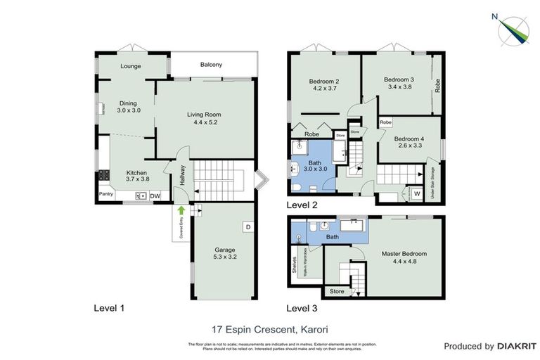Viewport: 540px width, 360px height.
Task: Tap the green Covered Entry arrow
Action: (181, 209)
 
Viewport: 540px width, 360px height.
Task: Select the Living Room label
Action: (204, 114)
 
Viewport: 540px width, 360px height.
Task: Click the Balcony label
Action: (211, 65)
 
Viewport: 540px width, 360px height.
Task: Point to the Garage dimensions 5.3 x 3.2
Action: (225, 257)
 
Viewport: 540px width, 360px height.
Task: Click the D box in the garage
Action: (247, 226)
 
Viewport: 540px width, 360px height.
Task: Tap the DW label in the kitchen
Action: (155, 195)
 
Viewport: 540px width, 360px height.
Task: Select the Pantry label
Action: (106, 195)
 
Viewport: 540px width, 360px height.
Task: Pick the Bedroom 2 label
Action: (324, 81)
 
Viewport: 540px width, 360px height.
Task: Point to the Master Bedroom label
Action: (404, 253)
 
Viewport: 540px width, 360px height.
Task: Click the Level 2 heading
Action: (302, 205)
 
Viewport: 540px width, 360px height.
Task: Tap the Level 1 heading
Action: (109, 308)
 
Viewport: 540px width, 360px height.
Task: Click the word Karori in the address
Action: (313, 328)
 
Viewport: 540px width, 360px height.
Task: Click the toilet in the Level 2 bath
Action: (299, 186)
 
